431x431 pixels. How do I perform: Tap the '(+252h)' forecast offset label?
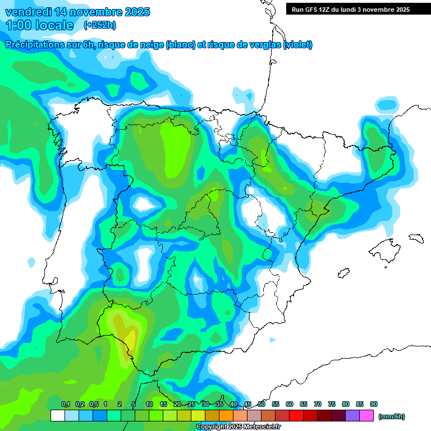point(99,25)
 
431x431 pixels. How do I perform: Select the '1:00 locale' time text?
point(40,25)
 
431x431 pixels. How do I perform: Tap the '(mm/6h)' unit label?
point(392,416)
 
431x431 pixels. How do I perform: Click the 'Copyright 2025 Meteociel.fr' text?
point(239,427)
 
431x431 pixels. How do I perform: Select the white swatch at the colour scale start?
point(57,416)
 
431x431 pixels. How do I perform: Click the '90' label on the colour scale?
point(374,404)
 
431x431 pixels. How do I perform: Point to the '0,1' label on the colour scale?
point(66,404)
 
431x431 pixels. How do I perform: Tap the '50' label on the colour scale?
point(262,404)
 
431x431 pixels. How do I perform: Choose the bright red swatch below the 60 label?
point(296,416)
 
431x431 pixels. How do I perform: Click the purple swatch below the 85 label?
point(352,416)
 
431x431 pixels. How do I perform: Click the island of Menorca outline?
point(415,238)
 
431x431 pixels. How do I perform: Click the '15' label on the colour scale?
point(163,404)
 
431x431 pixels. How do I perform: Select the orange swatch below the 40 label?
point(226,416)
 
